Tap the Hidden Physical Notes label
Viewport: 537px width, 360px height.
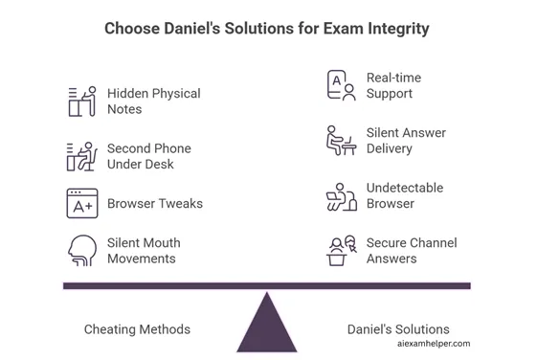[153, 101]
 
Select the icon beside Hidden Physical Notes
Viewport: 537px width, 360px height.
[82, 101]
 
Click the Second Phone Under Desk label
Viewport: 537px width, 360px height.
[148, 156]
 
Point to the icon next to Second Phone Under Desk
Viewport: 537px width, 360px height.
[82, 156]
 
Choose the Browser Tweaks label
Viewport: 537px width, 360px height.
[154, 203]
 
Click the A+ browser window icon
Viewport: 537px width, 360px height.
[82, 203]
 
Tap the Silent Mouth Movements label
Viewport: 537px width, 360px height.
[144, 250]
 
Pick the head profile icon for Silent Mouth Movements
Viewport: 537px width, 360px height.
[82, 250]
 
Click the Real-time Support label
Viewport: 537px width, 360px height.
[393, 85]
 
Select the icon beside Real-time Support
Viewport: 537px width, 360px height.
[341, 85]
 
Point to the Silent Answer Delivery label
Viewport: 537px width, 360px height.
[406, 141]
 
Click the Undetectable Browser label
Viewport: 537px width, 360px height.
[404, 195]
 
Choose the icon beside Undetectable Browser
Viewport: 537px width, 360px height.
[341, 196]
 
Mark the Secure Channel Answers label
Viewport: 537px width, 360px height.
[412, 250]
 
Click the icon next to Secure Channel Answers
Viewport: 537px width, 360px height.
[341, 251]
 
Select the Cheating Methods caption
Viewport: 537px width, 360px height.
[137, 329]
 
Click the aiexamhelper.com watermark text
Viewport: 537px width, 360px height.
[433, 343]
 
